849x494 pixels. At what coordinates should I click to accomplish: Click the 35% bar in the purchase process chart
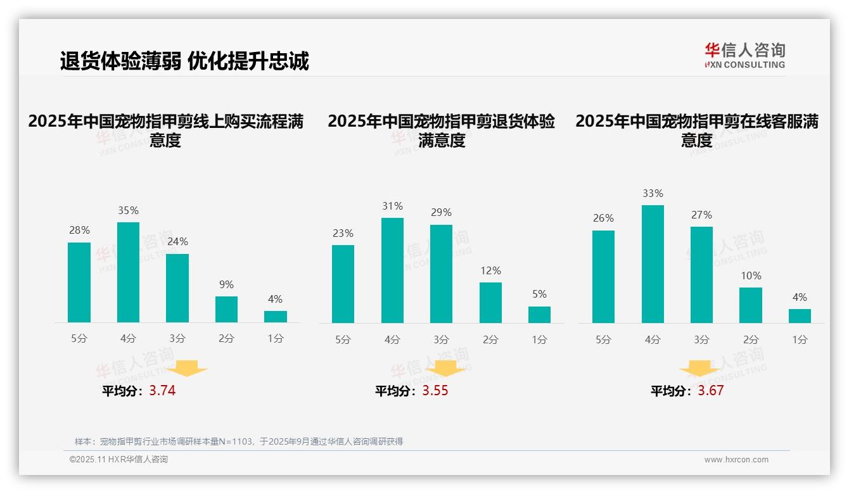click(x=129, y=272)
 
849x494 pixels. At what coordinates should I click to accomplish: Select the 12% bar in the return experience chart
click(x=490, y=303)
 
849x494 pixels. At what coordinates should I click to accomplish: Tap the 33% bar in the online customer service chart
click(x=653, y=264)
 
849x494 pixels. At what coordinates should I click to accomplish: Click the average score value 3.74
click(x=162, y=391)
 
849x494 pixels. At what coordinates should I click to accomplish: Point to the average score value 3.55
click(x=435, y=391)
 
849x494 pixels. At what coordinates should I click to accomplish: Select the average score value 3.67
click(x=711, y=391)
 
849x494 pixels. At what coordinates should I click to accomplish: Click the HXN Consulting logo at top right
click(x=744, y=56)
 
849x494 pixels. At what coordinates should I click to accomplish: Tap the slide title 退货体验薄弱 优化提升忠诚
click(x=184, y=61)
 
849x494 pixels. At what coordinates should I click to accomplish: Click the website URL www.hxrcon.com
click(x=736, y=460)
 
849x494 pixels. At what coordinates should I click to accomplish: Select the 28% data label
click(x=79, y=231)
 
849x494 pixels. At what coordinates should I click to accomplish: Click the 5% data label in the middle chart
click(x=539, y=294)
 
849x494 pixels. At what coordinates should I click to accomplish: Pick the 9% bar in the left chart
click(x=226, y=310)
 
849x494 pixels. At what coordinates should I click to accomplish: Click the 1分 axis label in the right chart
click(x=800, y=339)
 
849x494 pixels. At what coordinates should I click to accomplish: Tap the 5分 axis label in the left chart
click(x=79, y=339)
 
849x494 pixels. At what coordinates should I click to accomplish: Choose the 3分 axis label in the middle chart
click(x=441, y=339)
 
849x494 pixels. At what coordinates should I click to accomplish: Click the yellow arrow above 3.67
click(x=699, y=369)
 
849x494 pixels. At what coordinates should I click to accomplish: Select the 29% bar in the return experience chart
click(x=441, y=274)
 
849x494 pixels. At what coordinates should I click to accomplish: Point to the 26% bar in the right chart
click(x=603, y=277)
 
